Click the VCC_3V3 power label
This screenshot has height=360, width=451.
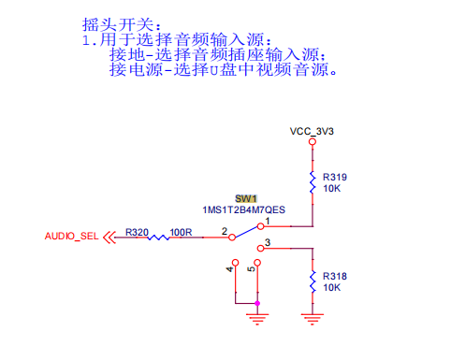click(x=312, y=131)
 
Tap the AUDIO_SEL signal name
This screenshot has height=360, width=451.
click(x=71, y=236)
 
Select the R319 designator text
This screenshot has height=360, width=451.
click(x=335, y=177)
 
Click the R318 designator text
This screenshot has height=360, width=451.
click(x=335, y=276)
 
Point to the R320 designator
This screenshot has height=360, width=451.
click(x=137, y=232)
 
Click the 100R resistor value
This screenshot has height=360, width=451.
click(x=181, y=232)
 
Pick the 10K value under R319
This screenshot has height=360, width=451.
click(x=332, y=188)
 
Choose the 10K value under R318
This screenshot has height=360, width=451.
click(x=332, y=287)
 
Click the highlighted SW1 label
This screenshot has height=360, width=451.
click(x=246, y=198)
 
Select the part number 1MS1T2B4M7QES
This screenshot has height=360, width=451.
click(x=243, y=209)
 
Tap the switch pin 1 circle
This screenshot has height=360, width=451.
click(x=261, y=226)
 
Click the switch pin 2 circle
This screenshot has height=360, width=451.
click(x=232, y=238)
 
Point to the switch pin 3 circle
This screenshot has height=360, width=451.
click(x=261, y=249)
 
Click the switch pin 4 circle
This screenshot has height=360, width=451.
click(x=236, y=263)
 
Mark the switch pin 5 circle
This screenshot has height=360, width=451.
click(x=257, y=263)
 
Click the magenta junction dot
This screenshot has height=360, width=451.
click(x=257, y=303)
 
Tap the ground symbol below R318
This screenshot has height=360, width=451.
click(x=313, y=320)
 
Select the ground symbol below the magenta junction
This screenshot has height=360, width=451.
click(x=257, y=320)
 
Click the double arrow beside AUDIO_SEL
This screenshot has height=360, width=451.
click(x=109, y=238)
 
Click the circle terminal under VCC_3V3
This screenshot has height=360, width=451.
click(x=313, y=142)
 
